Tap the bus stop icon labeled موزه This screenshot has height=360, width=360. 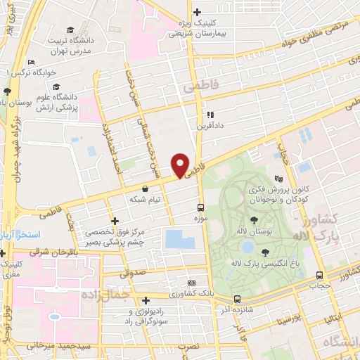point(200,207)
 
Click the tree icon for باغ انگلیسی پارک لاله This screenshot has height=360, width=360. point(264,252)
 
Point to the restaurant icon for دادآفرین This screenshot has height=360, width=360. point(209,115)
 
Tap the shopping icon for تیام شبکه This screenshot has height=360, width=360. point(145,188)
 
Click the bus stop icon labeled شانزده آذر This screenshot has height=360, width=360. point(237,299)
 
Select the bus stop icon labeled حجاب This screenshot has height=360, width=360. point(320,275)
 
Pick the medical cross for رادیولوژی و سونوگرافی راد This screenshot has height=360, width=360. point(145,300)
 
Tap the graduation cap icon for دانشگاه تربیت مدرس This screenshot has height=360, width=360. point(70,29)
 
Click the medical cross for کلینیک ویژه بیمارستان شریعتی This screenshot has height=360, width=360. point(197,12)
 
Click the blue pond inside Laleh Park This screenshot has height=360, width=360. point(247,247)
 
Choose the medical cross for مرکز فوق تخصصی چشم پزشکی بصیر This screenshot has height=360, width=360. point(115,221)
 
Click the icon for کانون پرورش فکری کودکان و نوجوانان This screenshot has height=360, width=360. point(279,179)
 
